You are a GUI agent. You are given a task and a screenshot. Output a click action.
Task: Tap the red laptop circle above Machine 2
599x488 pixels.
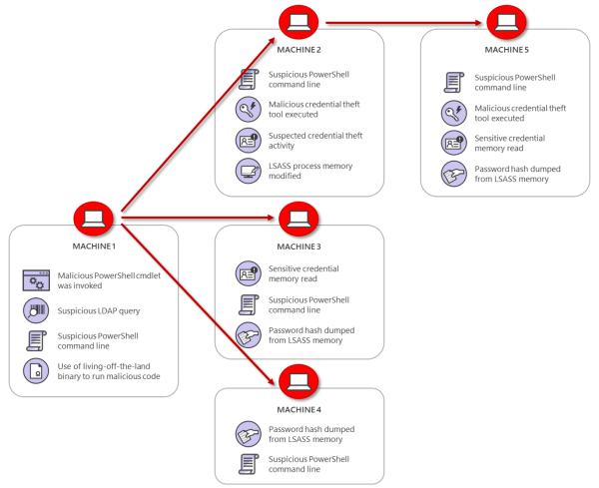(x=294, y=18)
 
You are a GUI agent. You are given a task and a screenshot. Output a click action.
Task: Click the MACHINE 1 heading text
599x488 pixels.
(x=95, y=246)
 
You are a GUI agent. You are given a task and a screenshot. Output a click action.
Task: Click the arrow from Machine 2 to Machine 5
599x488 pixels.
(x=409, y=18)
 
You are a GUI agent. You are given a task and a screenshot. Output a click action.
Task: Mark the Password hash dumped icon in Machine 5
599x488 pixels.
(x=452, y=173)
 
